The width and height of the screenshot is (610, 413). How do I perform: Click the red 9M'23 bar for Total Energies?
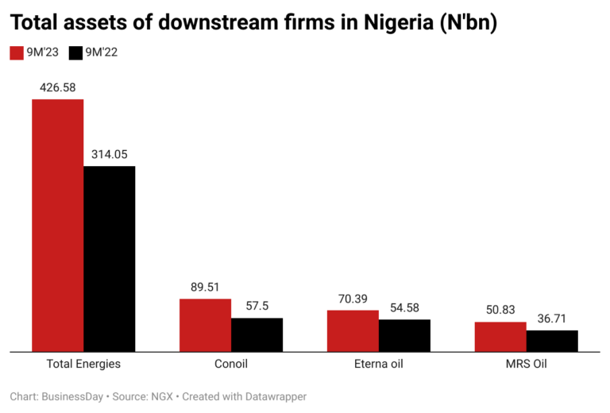[x=57, y=225]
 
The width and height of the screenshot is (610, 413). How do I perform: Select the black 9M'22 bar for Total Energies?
[x=110, y=258]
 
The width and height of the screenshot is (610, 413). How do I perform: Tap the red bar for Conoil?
[x=205, y=325]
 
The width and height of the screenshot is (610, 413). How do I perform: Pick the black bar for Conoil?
[x=257, y=334]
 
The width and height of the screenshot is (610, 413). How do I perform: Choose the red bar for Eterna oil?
[x=353, y=330]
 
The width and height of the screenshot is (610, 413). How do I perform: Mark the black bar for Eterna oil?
[x=404, y=335]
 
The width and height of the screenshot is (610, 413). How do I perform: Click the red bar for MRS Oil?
[x=500, y=336]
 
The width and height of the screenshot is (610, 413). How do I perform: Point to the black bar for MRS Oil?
[x=552, y=341]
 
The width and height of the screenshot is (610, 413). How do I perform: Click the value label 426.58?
[x=57, y=87]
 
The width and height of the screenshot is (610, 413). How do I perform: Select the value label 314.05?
[x=110, y=154]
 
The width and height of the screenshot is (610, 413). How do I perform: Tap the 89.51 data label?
[x=205, y=288]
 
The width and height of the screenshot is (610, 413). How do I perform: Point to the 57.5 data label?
[x=257, y=307]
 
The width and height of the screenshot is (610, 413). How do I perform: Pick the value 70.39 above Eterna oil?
[x=353, y=299]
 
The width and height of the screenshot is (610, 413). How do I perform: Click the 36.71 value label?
[x=552, y=318]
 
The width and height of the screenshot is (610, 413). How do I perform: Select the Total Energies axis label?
[x=83, y=365]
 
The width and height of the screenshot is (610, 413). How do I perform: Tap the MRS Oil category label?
[x=526, y=365]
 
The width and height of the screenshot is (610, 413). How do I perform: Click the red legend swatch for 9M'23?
[x=17, y=53]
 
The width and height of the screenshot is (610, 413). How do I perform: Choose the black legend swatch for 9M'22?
[x=76, y=53]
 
